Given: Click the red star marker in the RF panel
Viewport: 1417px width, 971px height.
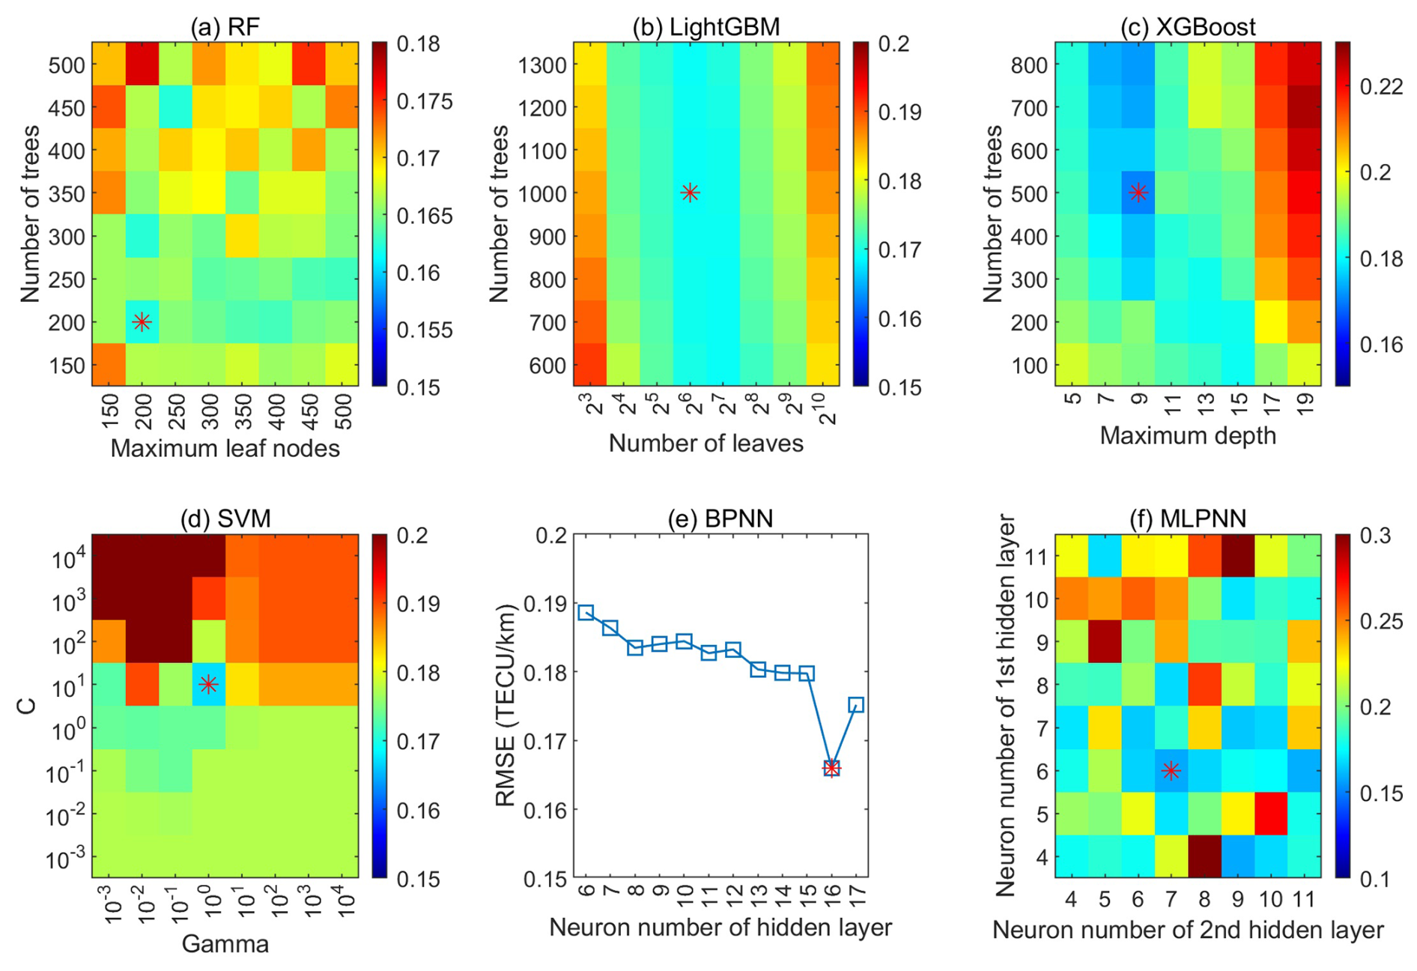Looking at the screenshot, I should pyautogui.click(x=142, y=322).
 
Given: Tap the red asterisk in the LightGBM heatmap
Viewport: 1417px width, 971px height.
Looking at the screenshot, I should pyautogui.click(x=690, y=193).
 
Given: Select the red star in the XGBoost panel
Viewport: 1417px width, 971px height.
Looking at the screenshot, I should pyautogui.click(x=1138, y=193).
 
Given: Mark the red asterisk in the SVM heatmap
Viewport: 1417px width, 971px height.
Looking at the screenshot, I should pyautogui.click(x=208, y=684).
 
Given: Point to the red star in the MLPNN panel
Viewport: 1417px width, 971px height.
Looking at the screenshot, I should pyautogui.click(x=1171, y=770).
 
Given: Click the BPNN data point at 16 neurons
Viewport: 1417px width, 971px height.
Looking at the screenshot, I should pyautogui.click(x=831, y=768).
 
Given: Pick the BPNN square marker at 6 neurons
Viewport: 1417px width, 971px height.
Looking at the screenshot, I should pyautogui.click(x=586, y=613).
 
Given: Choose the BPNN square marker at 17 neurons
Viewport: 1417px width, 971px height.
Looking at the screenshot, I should pyautogui.click(x=856, y=705).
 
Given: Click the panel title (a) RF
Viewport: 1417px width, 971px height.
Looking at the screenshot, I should pyautogui.click(x=225, y=27).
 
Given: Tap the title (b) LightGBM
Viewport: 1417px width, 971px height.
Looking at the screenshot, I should pyautogui.click(x=706, y=27).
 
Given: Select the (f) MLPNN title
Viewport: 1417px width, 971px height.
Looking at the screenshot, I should pyautogui.click(x=1188, y=518).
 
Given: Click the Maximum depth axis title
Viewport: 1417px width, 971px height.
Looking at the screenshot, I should pyautogui.click(x=1188, y=435).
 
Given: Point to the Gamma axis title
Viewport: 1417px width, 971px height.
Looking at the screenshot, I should pyautogui.click(x=225, y=943).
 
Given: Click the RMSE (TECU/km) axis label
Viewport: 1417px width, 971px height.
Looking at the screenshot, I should pyautogui.click(x=506, y=705).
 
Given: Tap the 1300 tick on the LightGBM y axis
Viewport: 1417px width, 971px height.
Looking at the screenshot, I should pyautogui.click(x=541, y=65).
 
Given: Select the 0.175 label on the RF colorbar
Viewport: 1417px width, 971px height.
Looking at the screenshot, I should pyautogui.click(x=425, y=101).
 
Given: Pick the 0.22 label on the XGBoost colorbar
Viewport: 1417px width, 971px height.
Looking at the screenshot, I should pyautogui.click(x=1381, y=87).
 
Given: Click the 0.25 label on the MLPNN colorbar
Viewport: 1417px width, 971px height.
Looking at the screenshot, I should pyautogui.click(x=1381, y=621).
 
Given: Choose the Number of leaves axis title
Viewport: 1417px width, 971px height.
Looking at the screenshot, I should pyautogui.click(x=706, y=444).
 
